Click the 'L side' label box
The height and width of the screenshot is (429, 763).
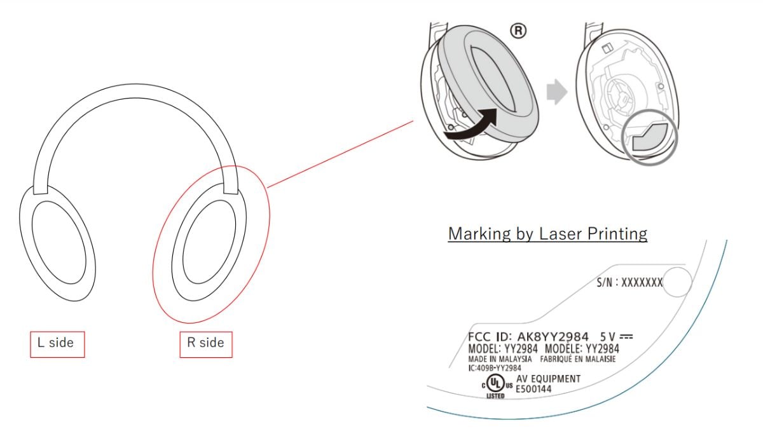point(57,344)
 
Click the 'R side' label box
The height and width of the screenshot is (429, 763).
point(206,344)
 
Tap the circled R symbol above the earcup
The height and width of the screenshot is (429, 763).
point(518,31)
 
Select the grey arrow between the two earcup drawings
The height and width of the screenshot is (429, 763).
point(557,92)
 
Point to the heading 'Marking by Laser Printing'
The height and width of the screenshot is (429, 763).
point(547,234)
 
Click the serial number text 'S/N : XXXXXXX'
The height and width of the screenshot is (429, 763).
point(629,282)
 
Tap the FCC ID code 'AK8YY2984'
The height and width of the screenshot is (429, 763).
point(553,337)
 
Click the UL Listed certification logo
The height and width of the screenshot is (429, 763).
point(497,386)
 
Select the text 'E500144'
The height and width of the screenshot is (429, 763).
point(533,389)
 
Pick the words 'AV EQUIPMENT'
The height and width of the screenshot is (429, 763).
point(548,379)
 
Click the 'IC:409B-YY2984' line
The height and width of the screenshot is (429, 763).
point(495,368)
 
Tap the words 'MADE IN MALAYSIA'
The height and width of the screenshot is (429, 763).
point(500,359)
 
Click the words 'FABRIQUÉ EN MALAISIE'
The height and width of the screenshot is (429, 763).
point(578,359)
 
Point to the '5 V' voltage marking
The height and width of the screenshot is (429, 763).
point(607,337)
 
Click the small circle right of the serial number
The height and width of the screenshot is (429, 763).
point(678,282)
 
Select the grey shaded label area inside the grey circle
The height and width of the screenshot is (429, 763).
point(650,137)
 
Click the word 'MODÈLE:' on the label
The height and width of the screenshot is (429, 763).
point(564,349)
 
